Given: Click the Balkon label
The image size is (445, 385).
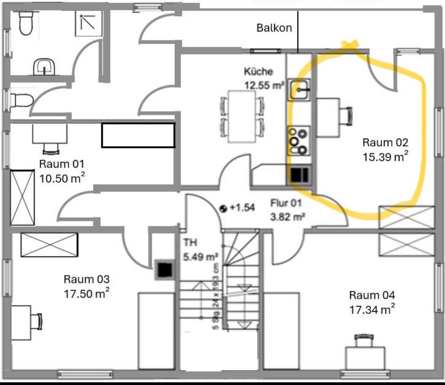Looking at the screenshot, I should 274,28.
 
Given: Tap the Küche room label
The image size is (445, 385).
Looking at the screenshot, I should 258,71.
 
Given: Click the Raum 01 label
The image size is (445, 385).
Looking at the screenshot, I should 62,164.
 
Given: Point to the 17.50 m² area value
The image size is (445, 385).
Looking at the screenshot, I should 87,293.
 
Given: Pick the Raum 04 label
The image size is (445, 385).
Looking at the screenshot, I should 372,295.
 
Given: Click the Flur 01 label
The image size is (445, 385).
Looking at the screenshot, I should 286,203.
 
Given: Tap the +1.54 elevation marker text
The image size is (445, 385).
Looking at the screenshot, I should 242,207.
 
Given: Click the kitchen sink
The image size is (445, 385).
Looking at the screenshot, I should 299,90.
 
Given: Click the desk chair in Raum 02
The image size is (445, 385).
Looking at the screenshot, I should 345,116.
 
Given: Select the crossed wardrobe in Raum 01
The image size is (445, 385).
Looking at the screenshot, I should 23,197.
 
